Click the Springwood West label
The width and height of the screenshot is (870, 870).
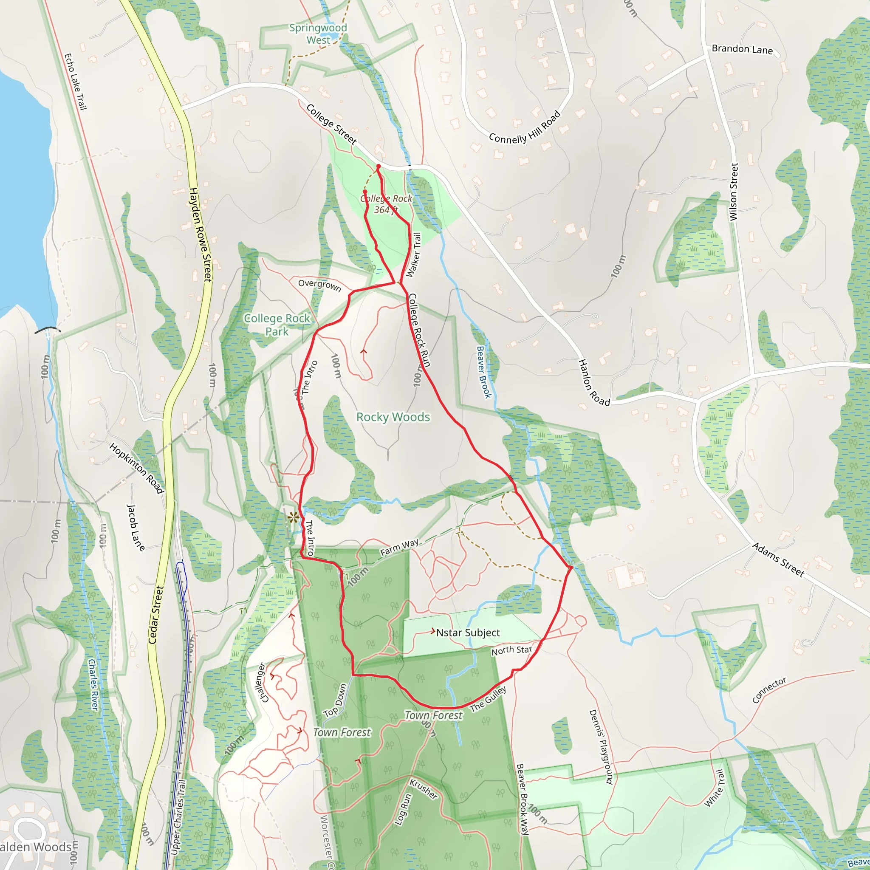318,34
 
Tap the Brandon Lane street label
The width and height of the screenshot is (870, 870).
742,49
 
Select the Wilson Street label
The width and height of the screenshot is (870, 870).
734,192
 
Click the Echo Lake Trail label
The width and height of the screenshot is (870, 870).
75,82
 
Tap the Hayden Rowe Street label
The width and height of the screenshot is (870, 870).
201,234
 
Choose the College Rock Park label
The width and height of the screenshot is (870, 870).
277,325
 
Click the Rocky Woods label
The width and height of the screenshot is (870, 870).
393,417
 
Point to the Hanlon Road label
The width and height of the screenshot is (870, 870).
594,383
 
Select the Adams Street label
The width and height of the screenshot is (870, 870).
778,560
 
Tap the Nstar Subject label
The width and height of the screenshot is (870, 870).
468,633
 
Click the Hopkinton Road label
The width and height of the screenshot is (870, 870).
136,468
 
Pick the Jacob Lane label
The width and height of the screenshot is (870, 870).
136,528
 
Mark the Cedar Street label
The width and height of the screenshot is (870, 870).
156,614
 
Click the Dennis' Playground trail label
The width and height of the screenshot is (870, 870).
601,747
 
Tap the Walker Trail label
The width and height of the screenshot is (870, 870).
413,254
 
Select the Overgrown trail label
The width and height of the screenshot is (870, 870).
320,285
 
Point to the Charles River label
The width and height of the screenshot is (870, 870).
93,685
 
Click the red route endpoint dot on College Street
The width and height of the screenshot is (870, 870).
378,167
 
